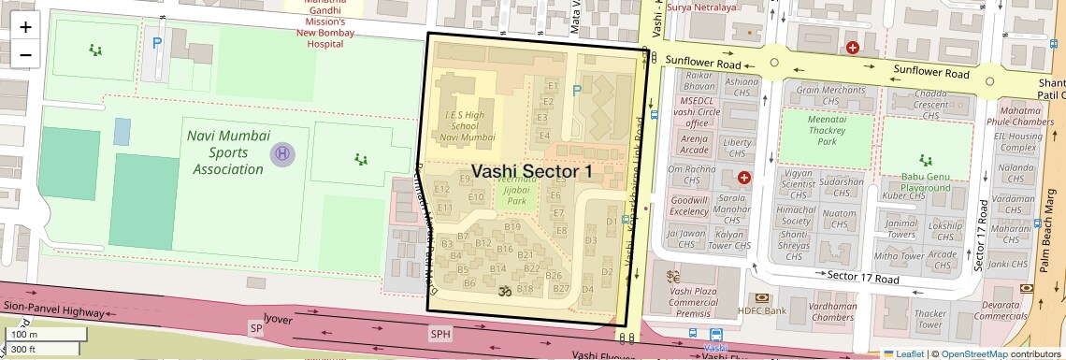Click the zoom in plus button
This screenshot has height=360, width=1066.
click(25, 27)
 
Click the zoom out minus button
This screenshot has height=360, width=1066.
click(25, 54)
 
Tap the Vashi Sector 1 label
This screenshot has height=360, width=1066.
click(532, 171)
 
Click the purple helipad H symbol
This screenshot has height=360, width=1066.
click(281, 152)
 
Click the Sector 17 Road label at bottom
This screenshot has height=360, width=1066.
click(863, 278)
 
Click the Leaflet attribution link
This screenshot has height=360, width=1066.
click(902, 353)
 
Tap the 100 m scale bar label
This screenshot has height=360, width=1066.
click(24, 335)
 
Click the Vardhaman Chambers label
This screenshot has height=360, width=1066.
click(806, 312)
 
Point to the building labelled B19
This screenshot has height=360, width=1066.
click(511, 227)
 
